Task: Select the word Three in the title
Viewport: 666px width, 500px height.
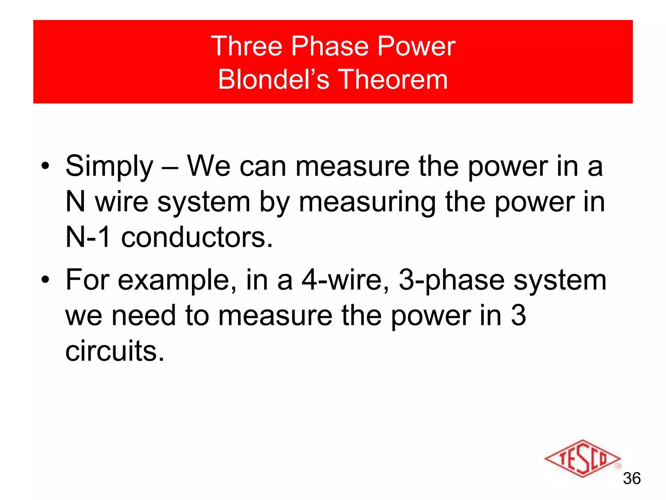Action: tap(247, 46)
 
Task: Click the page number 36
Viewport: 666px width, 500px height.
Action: tap(632, 479)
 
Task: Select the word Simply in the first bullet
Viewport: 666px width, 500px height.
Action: tap(109, 167)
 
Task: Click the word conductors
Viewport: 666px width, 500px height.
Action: tap(197, 237)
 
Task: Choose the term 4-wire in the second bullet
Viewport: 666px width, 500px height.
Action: tap(345, 280)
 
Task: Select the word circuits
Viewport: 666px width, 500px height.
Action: tap(114, 351)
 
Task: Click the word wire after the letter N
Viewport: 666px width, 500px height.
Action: tap(122, 202)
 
